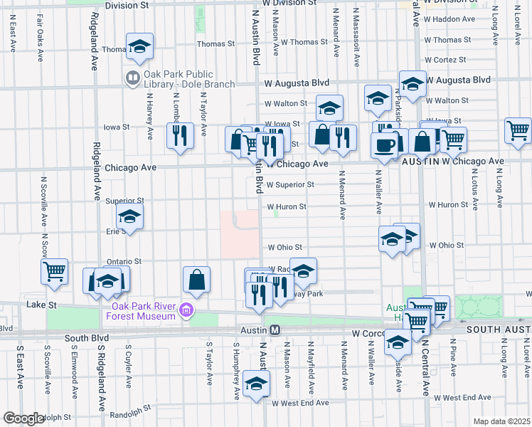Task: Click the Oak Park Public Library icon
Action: coord(132,77)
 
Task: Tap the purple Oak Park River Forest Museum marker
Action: coord(186,310)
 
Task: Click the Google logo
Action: coord(23,418)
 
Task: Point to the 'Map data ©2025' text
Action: coord(501,421)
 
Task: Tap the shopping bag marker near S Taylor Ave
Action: coord(197,280)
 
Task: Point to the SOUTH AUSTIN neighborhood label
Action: coord(498,330)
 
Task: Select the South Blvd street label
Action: coord(86,338)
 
